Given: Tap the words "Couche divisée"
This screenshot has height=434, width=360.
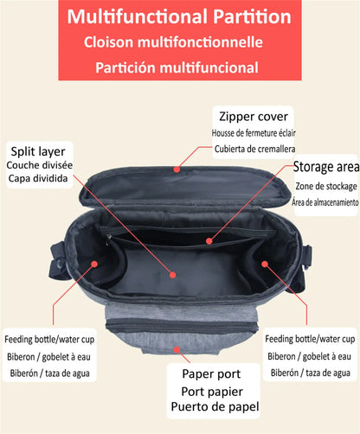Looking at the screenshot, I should pos(39,164).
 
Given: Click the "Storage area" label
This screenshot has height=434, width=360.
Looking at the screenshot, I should pos(325,167).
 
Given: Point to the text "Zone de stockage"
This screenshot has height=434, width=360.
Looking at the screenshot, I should pos(325,186).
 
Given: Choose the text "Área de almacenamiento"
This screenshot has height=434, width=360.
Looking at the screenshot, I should pos(325,202).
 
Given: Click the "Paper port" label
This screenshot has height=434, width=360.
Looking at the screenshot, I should pos(217,374).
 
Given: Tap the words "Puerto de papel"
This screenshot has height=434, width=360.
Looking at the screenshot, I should pos(217,406).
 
